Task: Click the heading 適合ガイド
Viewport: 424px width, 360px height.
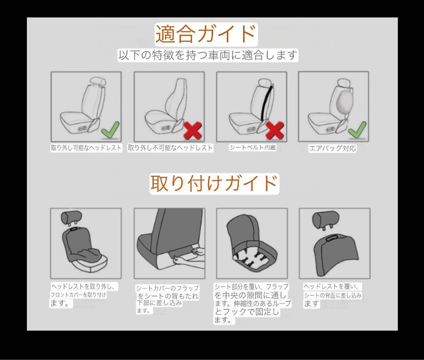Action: [206, 34]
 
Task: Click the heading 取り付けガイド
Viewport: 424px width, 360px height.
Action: [214, 184]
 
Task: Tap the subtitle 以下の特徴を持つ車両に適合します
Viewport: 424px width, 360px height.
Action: [208, 55]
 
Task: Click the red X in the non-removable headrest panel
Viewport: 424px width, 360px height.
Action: [193, 131]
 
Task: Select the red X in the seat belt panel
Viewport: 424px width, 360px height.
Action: [275, 130]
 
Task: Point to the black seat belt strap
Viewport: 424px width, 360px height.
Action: [267, 103]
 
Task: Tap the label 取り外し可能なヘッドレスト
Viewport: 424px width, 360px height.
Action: [86, 148]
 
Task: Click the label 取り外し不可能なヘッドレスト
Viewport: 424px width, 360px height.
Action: [170, 148]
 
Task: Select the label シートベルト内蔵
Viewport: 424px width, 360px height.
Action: [253, 147]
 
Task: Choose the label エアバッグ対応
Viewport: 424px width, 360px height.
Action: [332, 148]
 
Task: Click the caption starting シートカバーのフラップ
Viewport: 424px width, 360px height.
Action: [167, 299]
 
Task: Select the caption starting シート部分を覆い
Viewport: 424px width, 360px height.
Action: [253, 303]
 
